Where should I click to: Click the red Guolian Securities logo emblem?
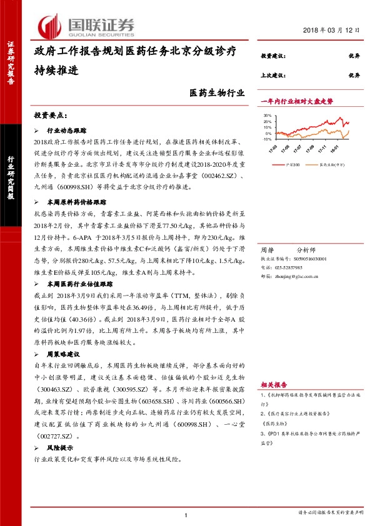coord(49,26)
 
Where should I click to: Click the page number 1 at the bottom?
coord(186,514)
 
